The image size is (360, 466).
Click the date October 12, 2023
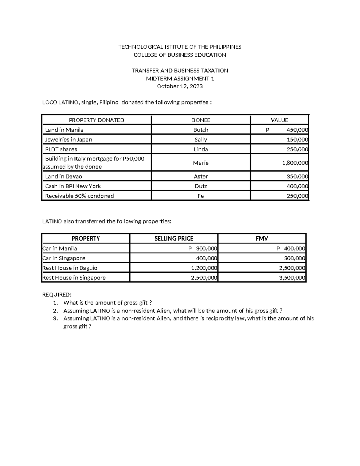point(180,86)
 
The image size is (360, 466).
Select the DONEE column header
point(201,120)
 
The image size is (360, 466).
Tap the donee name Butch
point(201,130)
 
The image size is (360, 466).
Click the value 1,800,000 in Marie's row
point(295,163)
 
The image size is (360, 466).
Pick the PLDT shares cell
point(61,149)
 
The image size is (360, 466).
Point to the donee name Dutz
point(201,186)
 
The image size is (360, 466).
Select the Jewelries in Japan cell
point(68,140)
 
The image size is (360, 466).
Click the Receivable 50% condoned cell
point(79,196)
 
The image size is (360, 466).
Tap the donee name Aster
point(201,176)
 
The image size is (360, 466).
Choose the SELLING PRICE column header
point(174,239)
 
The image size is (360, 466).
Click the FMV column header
point(262,239)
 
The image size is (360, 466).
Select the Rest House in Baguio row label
point(70,268)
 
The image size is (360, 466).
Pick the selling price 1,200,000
point(204,268)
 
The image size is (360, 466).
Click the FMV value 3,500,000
point(292,278)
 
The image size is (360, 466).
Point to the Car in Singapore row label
point(64,258)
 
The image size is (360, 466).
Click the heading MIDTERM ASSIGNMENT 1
point(180,79)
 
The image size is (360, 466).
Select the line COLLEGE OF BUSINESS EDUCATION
point(180,55)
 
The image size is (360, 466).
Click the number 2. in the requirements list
point(55,311)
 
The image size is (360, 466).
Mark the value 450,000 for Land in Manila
point(297,130)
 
